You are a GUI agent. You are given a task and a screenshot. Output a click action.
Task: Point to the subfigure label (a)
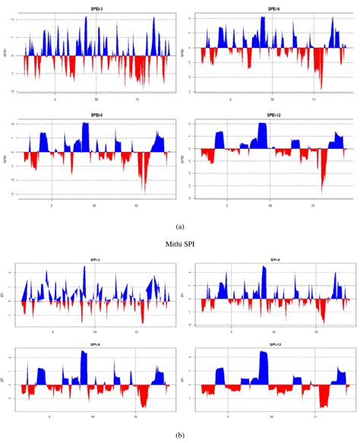179,226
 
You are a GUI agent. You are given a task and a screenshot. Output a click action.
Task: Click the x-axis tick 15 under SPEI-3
137,98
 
